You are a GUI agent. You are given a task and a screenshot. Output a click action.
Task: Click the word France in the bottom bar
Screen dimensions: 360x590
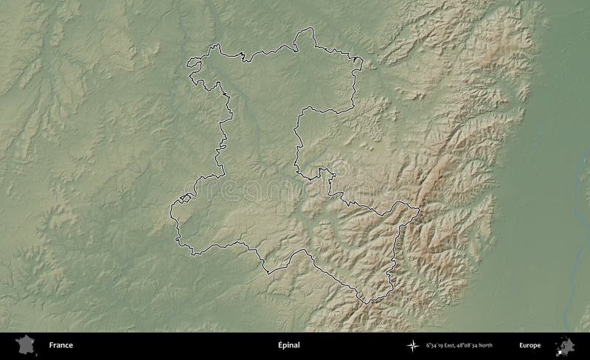60,345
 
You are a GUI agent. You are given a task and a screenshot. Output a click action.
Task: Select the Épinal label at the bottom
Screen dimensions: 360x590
289,345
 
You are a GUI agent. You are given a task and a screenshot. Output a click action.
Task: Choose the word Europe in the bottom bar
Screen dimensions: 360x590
529,345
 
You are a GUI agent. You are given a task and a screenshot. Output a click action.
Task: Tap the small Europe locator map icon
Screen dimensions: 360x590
567,345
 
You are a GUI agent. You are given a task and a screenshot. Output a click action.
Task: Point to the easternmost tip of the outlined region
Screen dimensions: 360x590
420,210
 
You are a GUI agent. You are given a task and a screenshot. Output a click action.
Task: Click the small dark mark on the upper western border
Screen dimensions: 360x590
223,94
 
